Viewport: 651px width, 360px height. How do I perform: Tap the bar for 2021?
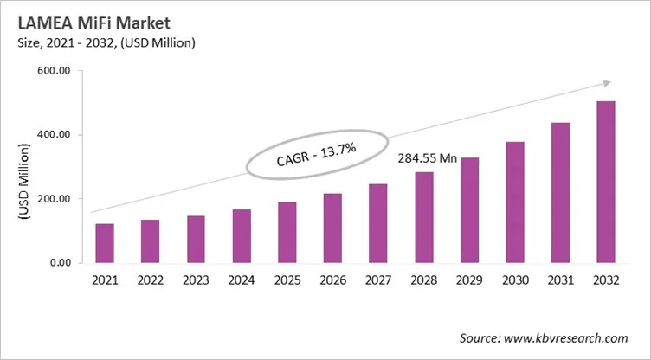coord(105,243)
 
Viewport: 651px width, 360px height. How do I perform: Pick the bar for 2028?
coord(424,217)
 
